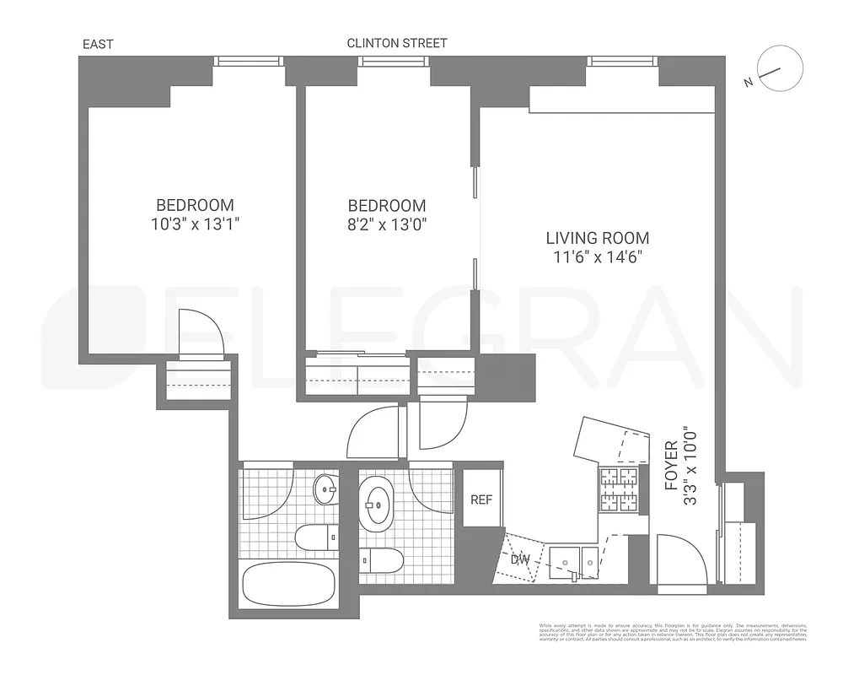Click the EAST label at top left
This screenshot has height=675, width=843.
[x=97, y=44]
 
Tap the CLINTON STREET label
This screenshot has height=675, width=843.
[x=397, y=43]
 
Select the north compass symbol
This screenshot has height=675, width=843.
[x=779, y=73]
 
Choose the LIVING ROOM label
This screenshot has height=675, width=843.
[x=597, y=239]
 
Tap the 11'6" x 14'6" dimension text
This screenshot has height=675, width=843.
[x=597, y=257]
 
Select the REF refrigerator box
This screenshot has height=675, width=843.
[x=481, y=499]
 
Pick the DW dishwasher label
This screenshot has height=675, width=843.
[x=519, y=559]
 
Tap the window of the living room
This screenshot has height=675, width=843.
[x=623, y=61]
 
